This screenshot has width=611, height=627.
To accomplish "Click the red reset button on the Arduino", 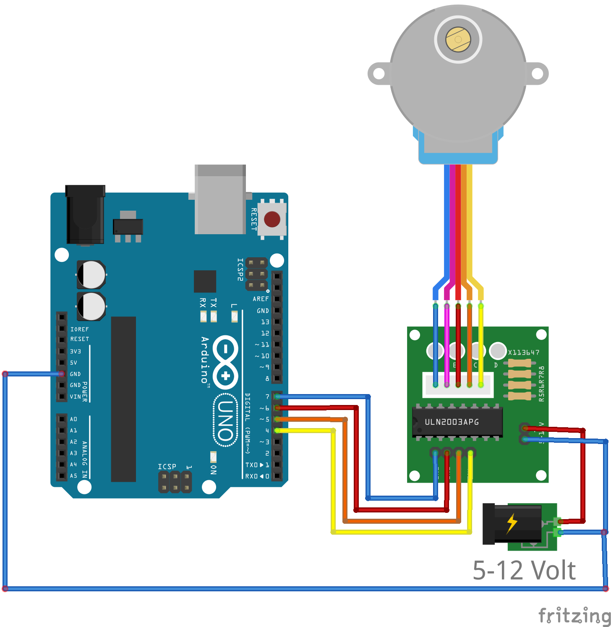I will point(272,219).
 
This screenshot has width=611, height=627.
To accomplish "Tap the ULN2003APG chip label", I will point(452,422).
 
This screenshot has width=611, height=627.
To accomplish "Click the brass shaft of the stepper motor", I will point(458,39).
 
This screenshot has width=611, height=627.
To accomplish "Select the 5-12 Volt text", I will point(524,570).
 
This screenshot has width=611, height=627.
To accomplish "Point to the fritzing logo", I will point(574,616).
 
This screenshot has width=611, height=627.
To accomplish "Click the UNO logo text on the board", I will point(226,420).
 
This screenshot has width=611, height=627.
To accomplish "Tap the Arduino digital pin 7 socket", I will point(277,397).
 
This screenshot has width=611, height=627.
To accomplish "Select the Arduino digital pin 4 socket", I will point(277,431).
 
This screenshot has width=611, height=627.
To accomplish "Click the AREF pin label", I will point(261,299).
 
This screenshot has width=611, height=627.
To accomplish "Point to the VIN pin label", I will point(75,397).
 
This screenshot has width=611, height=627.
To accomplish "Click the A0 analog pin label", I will point(73,419).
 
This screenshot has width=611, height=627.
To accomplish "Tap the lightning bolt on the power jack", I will point(512,523).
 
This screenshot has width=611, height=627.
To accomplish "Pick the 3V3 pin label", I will point(75,351).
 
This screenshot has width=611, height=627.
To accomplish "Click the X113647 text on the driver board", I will point(524,353).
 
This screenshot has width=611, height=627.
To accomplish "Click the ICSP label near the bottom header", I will point(167,467).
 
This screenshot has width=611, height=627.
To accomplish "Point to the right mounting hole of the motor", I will point(537,74).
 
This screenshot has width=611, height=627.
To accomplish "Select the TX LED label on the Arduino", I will point(214,303).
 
